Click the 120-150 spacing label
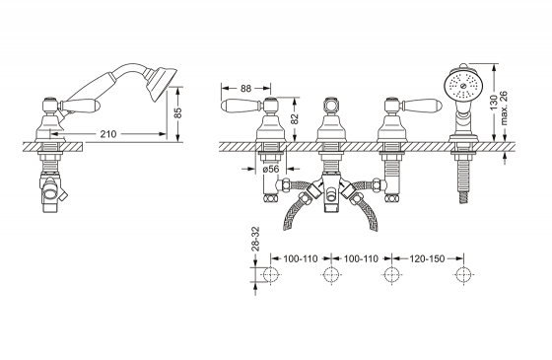click(422, 258)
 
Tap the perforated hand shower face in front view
click(460, 84)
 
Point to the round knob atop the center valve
click(328, 104)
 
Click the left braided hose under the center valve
click(296, 209)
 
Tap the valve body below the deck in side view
click(53, 189)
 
